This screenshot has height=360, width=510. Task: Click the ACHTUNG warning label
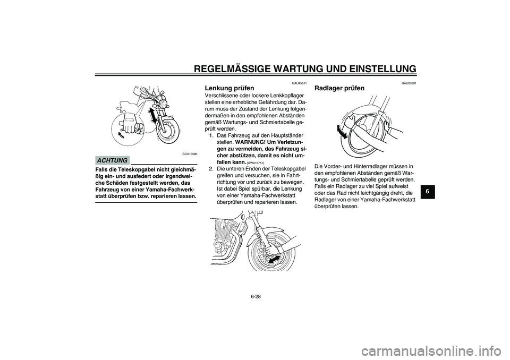[112, 160]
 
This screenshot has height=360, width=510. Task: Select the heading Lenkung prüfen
[227, 88]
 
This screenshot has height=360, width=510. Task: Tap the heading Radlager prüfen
[340, 88]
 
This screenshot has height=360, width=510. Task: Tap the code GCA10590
[190, 153]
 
